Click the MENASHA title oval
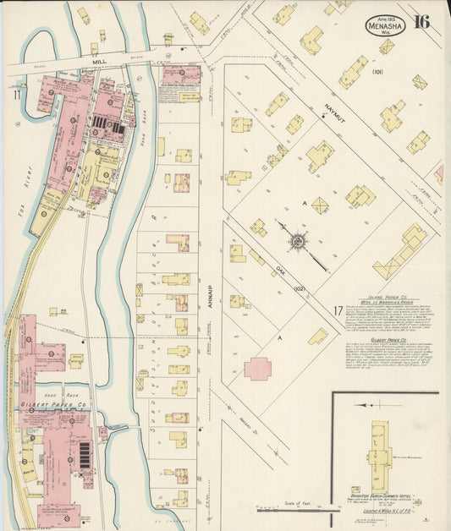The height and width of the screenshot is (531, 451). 385,25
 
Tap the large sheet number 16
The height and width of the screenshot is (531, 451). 421,22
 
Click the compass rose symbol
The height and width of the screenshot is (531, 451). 298,243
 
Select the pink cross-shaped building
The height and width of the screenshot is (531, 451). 258,368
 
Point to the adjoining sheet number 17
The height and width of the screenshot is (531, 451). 338,310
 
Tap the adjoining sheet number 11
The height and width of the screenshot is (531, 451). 16,96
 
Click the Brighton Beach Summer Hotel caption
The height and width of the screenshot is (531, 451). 378,496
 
